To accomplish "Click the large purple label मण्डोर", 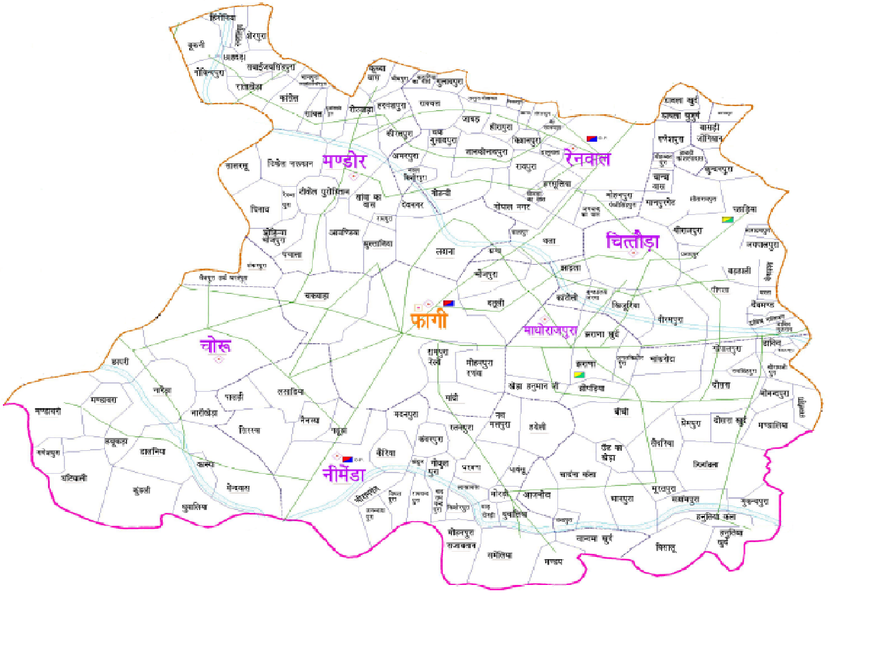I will (x=344, y=161).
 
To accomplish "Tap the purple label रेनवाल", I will (x=587, y=158).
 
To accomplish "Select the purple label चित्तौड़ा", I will (x=632, y=241).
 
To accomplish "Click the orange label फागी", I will (x=429, y=320).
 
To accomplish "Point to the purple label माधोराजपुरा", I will (x=550, y=331).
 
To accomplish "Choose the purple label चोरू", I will (x=215, y=345).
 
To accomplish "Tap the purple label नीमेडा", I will (x=344, y=474).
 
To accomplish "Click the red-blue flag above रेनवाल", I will (x=592, y=139).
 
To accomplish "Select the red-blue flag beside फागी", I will (x=449, y=303).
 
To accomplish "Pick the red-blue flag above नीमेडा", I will (x=347, y=459).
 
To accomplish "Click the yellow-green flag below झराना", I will (x=579, y=375).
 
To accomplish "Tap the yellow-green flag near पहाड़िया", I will (x=728, y=220).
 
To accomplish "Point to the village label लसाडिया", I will (x=290, y=392).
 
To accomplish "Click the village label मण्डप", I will (x=553, y=562).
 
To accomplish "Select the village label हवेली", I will (x=538, y=427).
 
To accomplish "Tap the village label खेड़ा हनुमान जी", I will (x=533, y=386).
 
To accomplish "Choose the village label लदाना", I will (x=445, y=251).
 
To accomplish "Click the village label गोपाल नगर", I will (x=512, y=207).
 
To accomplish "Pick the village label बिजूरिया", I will (x=625, y=305).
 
